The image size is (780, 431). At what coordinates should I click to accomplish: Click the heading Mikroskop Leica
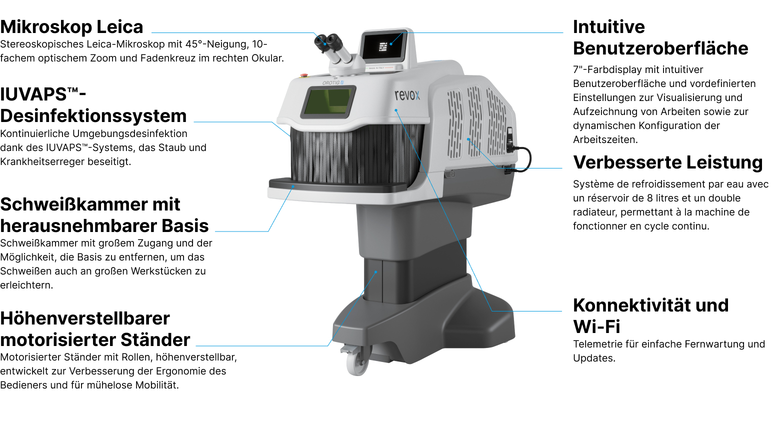coord(71,27)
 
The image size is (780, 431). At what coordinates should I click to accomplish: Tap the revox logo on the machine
coord(407,95)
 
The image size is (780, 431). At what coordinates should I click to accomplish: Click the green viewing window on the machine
coord(327,101)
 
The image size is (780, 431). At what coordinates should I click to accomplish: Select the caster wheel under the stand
coord(357,360)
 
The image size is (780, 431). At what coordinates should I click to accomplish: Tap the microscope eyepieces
coord(327,43)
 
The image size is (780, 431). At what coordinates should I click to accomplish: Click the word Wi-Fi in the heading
coord(596,326)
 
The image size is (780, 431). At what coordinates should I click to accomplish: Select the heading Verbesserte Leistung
coord(667,162)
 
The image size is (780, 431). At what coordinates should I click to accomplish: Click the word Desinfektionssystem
coord(93,116)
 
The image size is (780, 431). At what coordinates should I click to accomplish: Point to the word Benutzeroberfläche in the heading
coord(660,48)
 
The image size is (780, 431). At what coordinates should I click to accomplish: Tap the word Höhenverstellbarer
coord(85,318)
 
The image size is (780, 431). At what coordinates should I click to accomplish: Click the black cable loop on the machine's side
coord(522,159)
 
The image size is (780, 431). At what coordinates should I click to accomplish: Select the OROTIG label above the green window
coord(331,82)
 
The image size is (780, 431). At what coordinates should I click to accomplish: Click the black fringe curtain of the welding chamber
coord(350,155)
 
